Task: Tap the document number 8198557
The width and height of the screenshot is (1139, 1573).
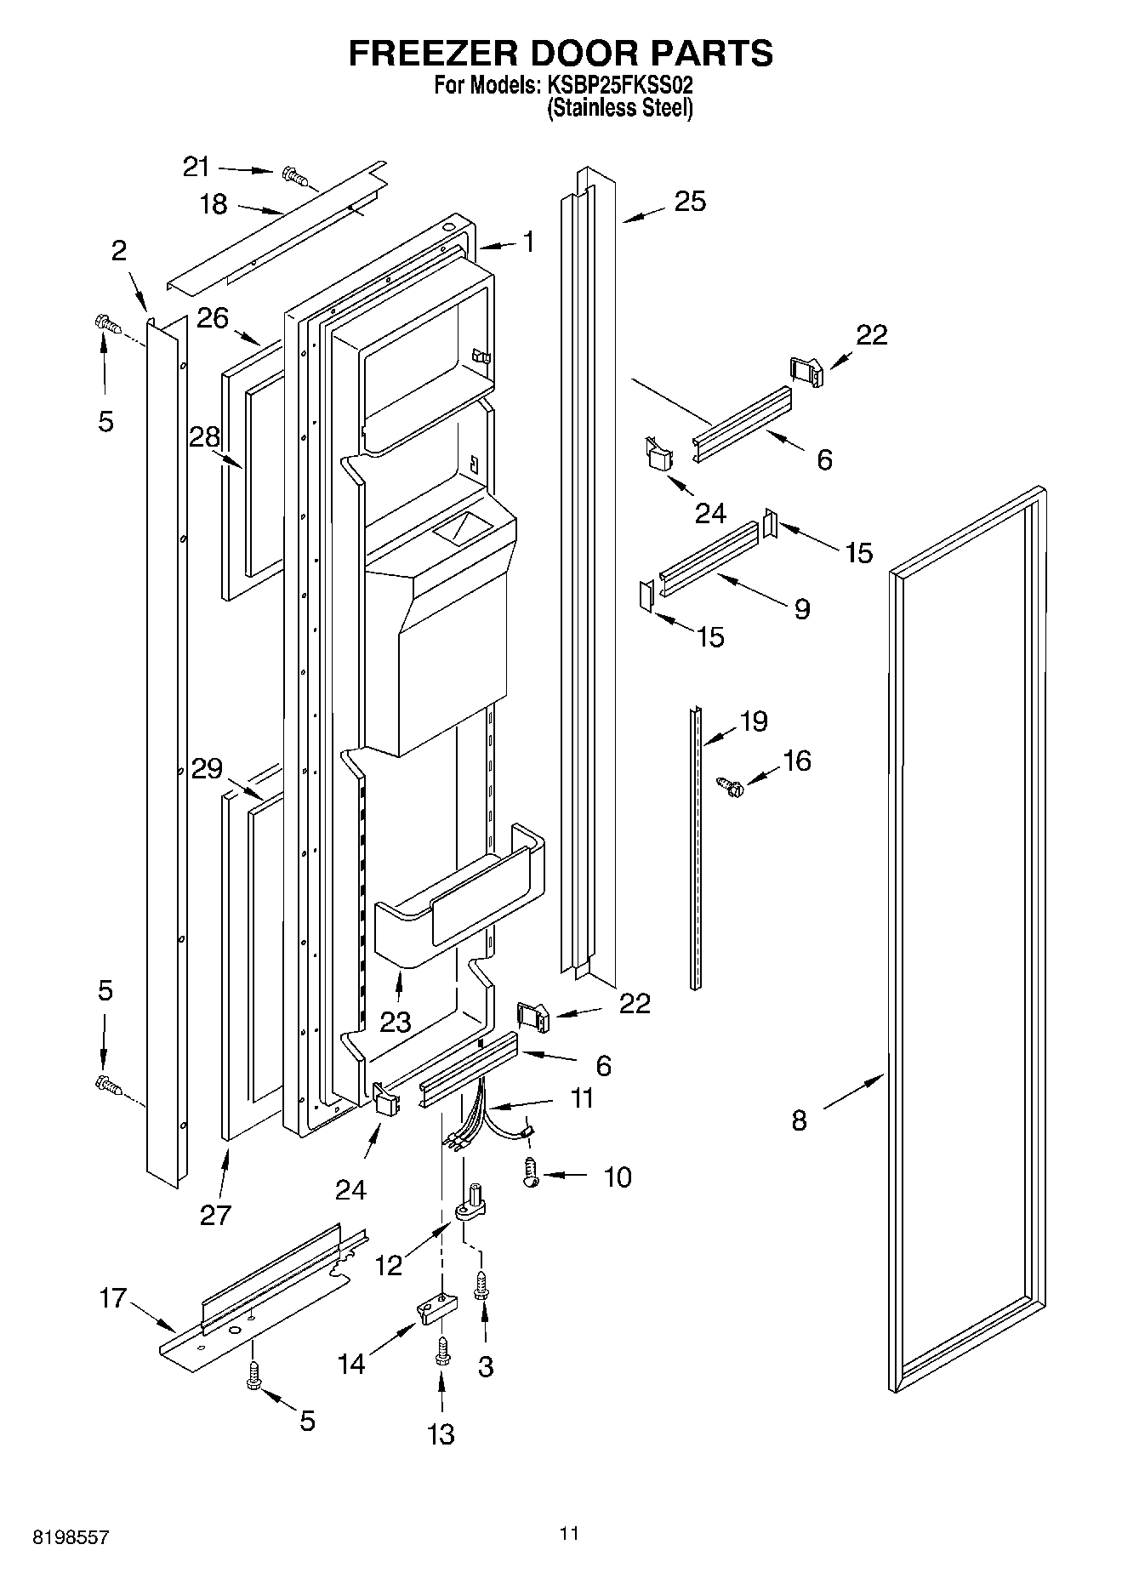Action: [71, 1538]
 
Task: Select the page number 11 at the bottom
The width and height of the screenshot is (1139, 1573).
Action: [569, 1533]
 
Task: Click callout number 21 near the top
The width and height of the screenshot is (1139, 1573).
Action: [196, 167]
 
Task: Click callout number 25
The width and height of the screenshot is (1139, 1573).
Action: [690, 202]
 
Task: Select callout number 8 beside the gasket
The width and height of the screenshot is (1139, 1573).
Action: [798, 1120]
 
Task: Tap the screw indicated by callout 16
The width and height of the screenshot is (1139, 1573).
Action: [728, 786]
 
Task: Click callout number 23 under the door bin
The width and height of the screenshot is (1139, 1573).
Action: [396, 1021]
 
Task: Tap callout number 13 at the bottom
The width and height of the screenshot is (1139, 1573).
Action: [441, 1434]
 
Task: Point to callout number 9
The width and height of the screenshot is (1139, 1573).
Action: [801, 609]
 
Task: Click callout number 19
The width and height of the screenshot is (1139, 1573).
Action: [754, 721]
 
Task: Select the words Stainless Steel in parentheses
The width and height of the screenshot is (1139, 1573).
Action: [620, 108]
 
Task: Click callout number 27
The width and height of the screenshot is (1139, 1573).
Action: [215, 1215]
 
